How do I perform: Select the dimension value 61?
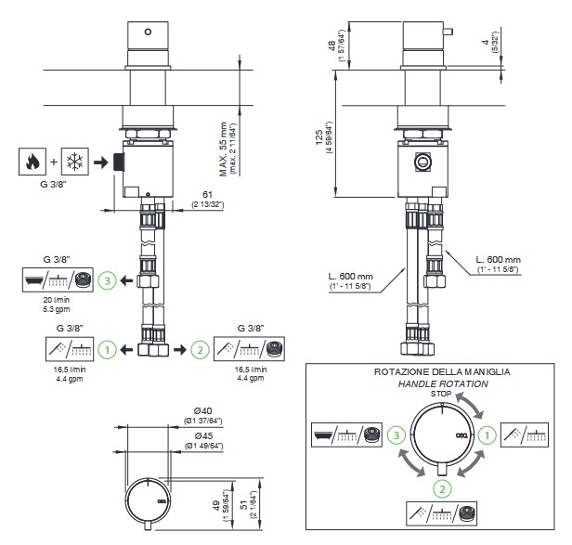point(209,194)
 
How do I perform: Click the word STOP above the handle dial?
point(440,395)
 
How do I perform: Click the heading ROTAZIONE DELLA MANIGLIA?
point(441,371)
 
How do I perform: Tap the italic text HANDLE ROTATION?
point(440,383)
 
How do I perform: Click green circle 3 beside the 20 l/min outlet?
point(109,279)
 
